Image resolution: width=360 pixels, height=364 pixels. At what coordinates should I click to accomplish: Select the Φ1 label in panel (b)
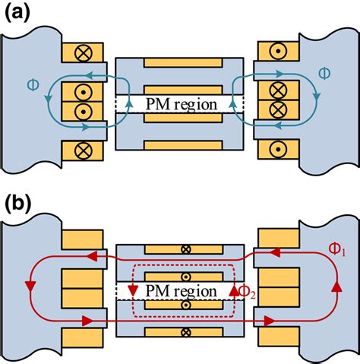click(x=339, y=247)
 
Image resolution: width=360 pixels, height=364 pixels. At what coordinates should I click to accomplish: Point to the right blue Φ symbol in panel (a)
click(x=324, y=74)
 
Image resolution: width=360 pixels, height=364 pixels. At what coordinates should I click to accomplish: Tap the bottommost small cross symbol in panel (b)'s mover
click(x=180, y=331)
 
